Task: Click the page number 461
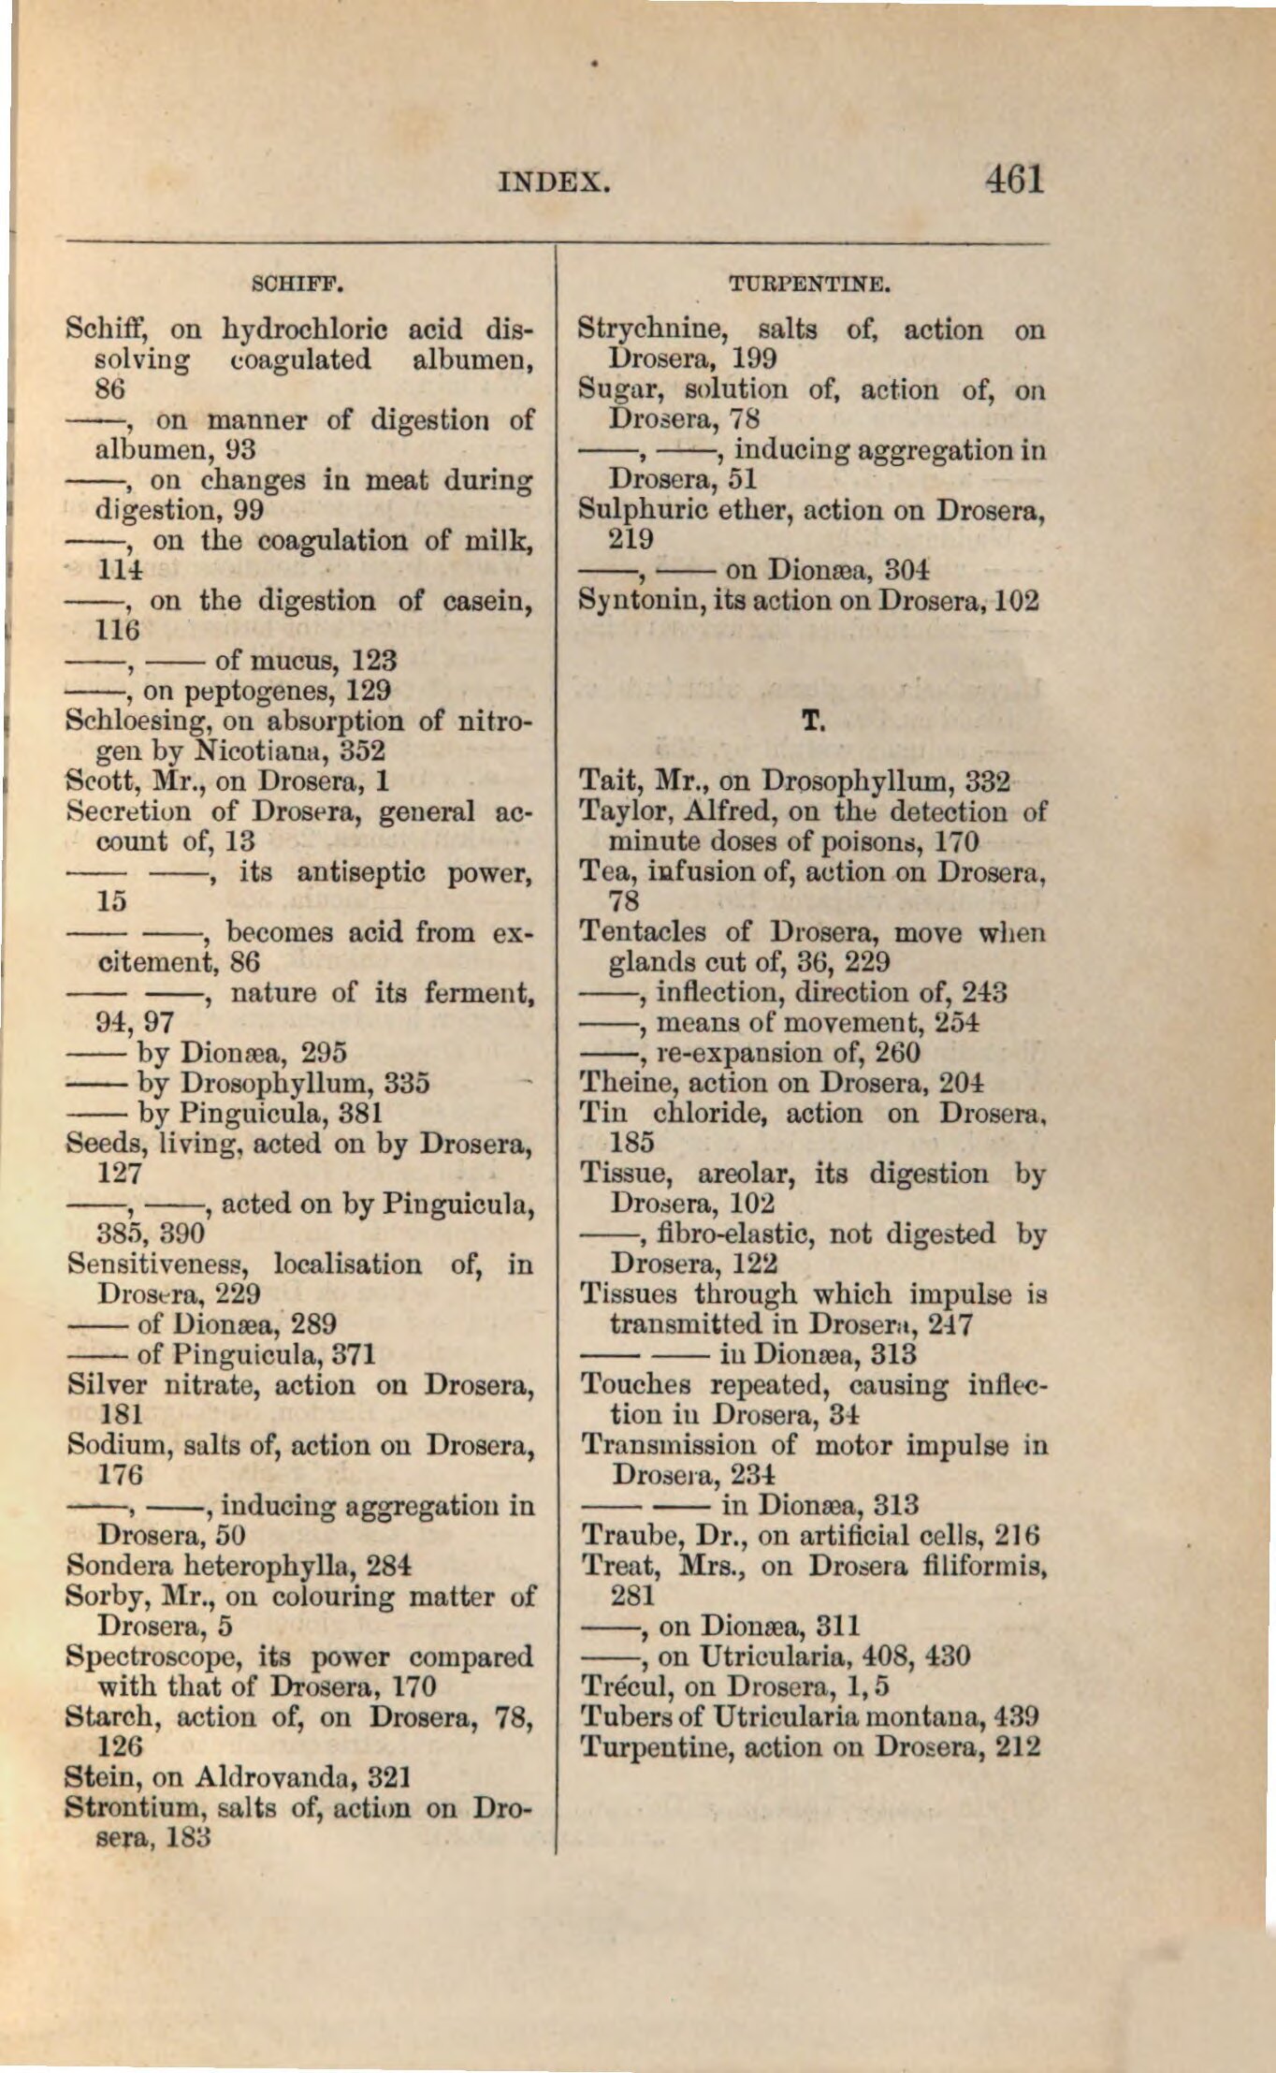click(x=1013, y=178)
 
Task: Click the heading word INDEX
click(x=555, y=181)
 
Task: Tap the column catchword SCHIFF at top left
click(x=299, y=280)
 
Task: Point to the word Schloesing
click(x=131, y=722)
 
